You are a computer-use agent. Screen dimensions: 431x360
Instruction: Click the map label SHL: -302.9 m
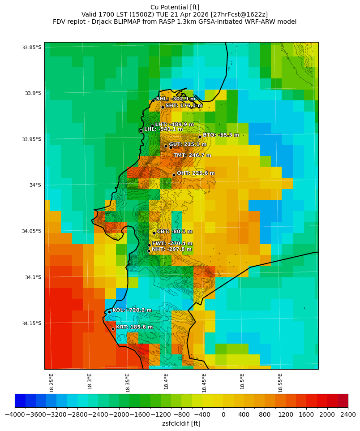[176, 99]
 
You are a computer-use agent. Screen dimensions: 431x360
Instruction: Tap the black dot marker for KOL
[109, 312]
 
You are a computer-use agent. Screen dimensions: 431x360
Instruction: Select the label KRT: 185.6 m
[134, 327]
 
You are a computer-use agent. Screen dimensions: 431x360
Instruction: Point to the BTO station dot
[200, 137]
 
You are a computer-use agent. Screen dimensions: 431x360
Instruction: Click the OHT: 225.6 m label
[196, 173]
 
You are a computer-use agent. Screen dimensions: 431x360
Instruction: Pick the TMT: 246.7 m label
[192, 155]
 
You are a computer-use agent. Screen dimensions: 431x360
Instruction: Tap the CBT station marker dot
[154, 233]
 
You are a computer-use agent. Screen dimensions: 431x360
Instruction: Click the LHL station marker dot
[141, 131]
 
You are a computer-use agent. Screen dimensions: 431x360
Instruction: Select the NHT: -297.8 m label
[171, 249]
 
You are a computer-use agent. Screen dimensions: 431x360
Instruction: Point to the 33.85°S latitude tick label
[31, 47]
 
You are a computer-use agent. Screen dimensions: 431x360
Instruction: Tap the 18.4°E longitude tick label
[166, 383]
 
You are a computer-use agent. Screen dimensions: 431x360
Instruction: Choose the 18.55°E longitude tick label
[280, 383]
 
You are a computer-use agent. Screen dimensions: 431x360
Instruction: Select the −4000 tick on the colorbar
[15, 414]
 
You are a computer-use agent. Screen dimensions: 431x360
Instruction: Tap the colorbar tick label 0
[223, 414]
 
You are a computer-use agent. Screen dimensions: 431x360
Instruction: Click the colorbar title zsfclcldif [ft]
[181, 423]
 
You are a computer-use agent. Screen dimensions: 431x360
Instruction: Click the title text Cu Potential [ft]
[175, 7]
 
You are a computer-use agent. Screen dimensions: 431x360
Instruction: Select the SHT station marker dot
[163, 107]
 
